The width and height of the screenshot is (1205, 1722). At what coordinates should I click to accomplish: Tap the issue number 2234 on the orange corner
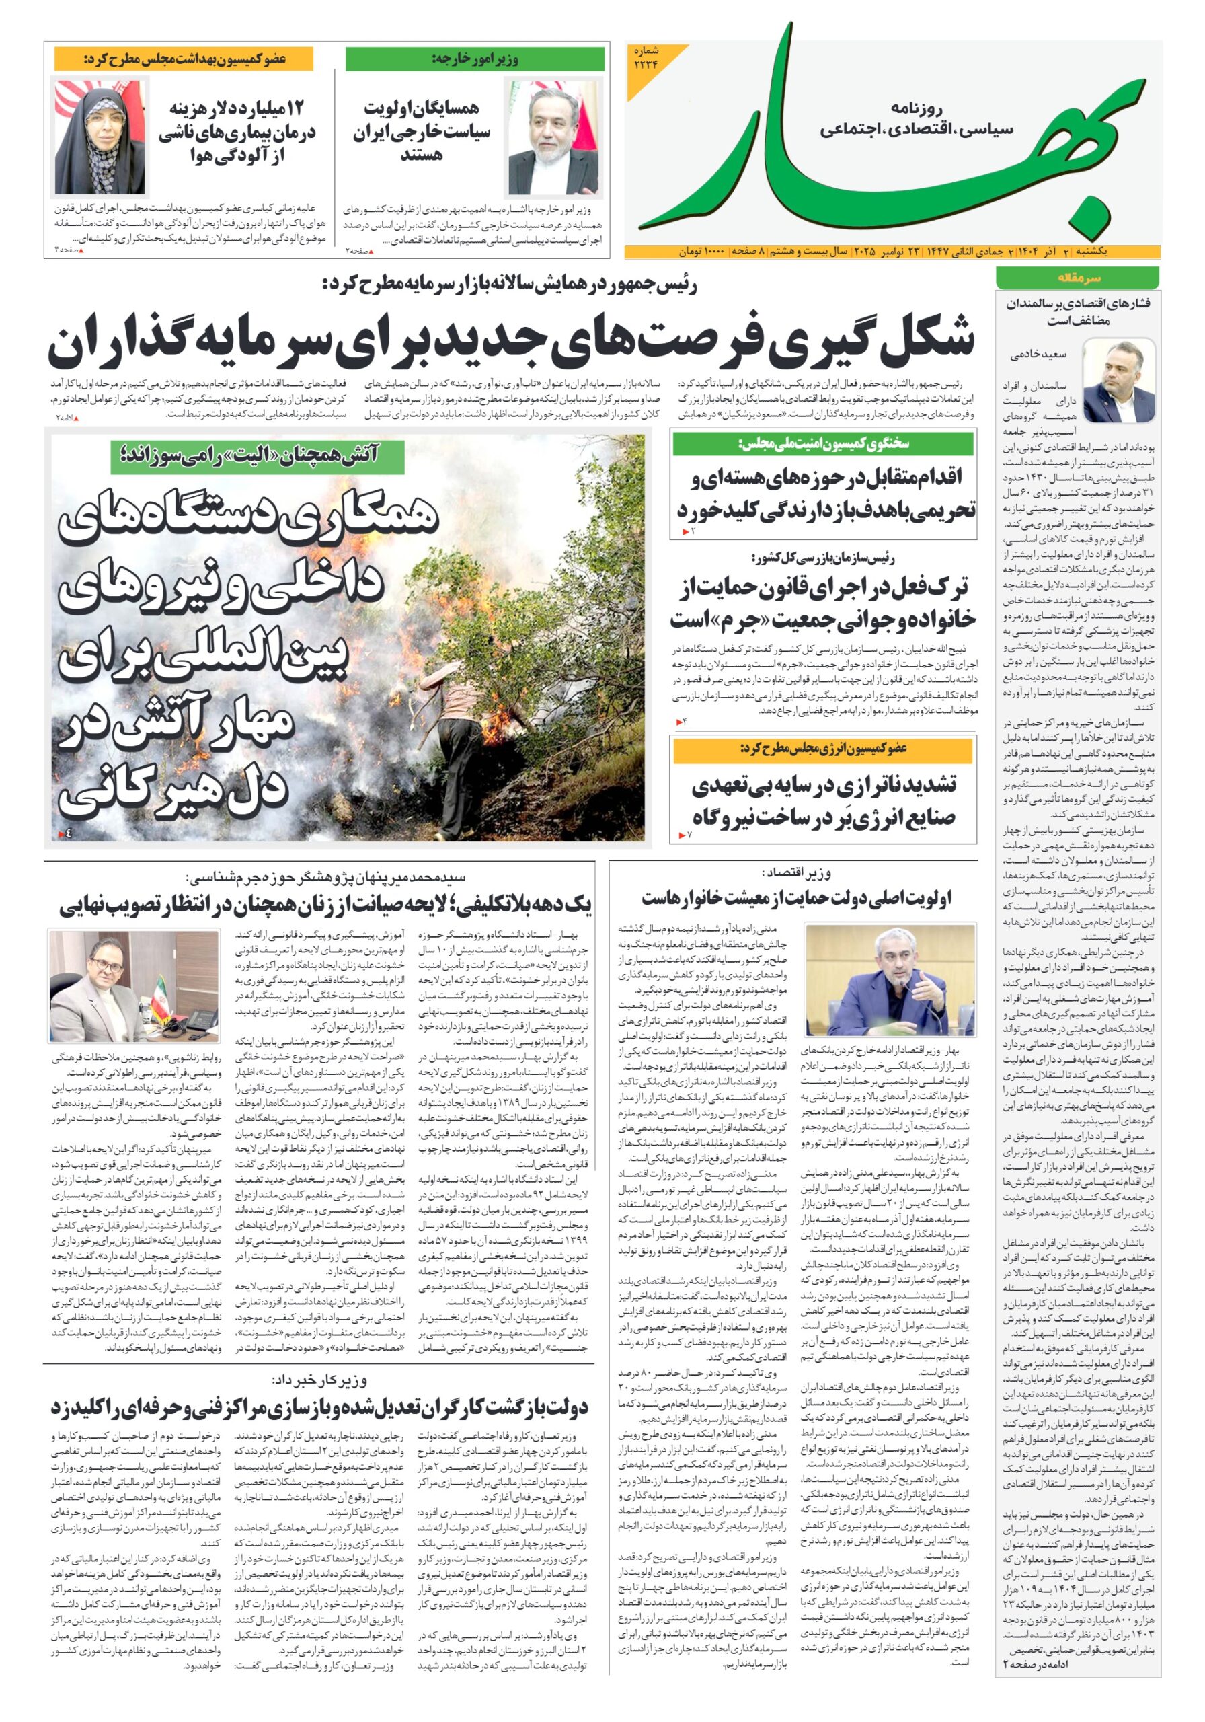pyautogui.click(x=645, y=59)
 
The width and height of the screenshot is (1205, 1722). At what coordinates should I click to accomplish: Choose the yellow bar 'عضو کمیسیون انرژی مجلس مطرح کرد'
pyautogui.click(x=823, y=749)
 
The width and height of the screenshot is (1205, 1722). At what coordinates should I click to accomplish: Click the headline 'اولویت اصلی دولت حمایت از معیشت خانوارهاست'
pyautogui.click(x=795, y=898)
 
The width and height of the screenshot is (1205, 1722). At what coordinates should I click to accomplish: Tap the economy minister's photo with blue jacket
pyautogui.click(x=890, y=980)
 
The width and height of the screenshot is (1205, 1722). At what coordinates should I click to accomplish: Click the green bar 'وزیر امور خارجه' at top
pyautogui.click(x=475, y=59)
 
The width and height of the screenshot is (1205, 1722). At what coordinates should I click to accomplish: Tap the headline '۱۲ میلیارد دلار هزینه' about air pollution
pyautogui.click(x=236, y=131)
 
